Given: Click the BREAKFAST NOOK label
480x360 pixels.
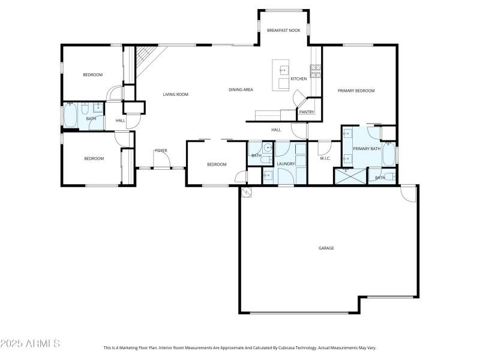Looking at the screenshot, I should pyautogui.click(x=283, y=30).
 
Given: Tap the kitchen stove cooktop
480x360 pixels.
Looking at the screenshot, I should pyautogui.click(x=316, y=72).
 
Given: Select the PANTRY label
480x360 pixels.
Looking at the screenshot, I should pyautogui.click(x=307, y=112).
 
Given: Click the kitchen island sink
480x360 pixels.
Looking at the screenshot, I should pyautogui.click(x=283, y=70).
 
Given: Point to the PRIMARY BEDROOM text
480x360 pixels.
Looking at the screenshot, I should pyautogui.click(x=356, y=91).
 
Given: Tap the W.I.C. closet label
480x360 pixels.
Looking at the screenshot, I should pyautogui.click(x=326, y=158).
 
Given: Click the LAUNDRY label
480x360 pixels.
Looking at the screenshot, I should pyautogui.click(x=286, y=164).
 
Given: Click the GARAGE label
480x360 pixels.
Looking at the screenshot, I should pyautogui.click(x=326, y=248).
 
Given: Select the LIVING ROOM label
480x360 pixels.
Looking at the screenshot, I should pyautogui.click(x=176, y=94).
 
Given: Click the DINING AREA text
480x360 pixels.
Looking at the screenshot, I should pyautogui.click(x=241, y=90).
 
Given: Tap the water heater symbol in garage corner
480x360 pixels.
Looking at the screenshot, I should pyautogui.click(x=247, y=193).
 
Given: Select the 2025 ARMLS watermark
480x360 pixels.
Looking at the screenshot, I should pyautogui.click(x=30, y=344).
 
